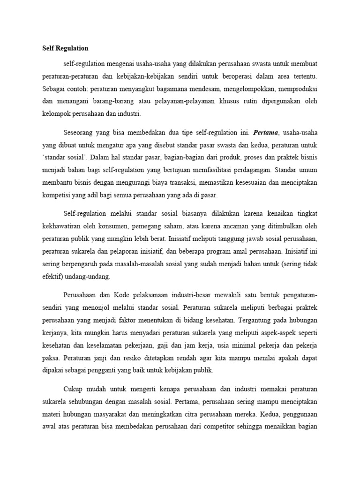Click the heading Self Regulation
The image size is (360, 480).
pos(65,48)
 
